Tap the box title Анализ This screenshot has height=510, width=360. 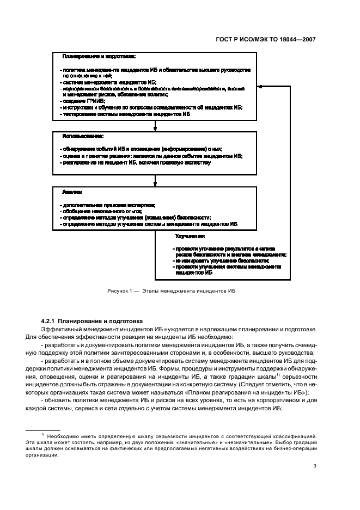pyautogui.click(x=72, y=192)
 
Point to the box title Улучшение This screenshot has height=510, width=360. pyautogui.click(x=190, y=236)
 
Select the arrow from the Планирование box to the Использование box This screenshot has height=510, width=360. pyautogui.click(x=155, y=126)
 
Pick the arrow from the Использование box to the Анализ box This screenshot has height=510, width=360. pyautogui.click(x=155, y=183)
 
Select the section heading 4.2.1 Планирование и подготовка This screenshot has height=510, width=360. pyautogui.click(x=92, y=321)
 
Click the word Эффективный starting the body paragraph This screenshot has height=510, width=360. pyautogui.click(x=62, y=329)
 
